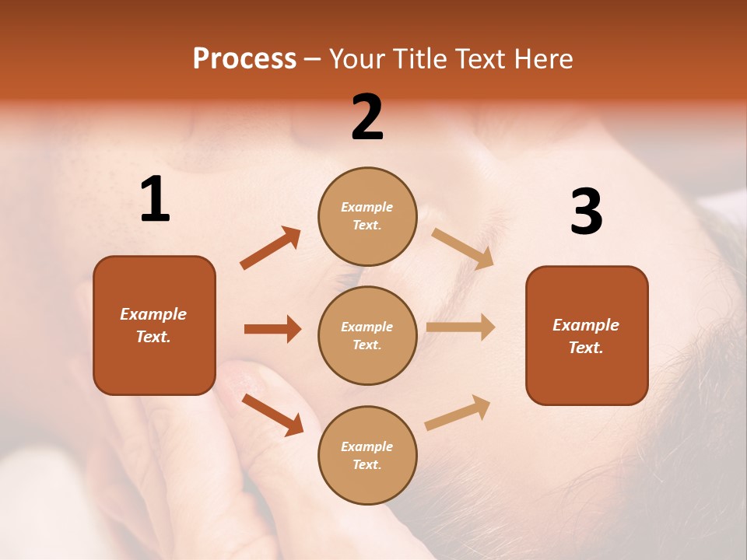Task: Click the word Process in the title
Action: tap(244, 59)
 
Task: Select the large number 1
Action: tap(155, 200)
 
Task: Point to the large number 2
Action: tap(367, 117)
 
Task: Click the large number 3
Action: tap(586, 212)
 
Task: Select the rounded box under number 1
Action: tap(154, 325)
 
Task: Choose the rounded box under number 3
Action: tap(587, 335)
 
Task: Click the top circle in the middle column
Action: tap(367, 216)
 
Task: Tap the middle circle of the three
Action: tap(367, 335)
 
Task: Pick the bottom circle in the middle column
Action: tap(367, 455)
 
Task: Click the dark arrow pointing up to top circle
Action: tap(270, 248)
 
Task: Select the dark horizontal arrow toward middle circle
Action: tap(272, 329)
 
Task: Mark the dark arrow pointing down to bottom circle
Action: tap(272, 415)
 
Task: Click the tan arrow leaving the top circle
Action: tap(463, 248)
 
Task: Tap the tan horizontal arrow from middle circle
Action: tap(461, 327)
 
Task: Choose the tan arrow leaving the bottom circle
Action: tap(458, 412)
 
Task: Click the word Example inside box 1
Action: tap(153, 314)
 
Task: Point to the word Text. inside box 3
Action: tap(586, 348)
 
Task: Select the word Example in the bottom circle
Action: tap(366, 446)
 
